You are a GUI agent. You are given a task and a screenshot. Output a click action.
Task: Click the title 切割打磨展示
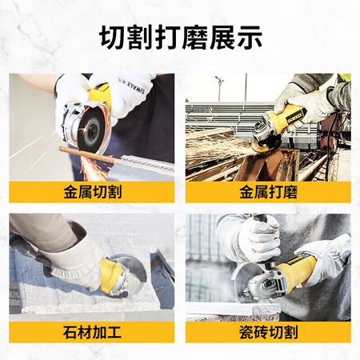tap(181, 38)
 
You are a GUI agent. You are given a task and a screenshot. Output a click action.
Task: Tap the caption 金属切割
tap(92, 192)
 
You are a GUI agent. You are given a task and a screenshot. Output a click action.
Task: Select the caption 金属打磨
tap(268, 192)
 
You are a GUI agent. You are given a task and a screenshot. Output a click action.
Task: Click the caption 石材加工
tap(92, 332)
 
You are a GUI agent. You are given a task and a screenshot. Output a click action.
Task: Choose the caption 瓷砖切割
tap(268, 332)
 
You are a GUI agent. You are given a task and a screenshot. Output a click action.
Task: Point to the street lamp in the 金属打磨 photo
tap(219, 87)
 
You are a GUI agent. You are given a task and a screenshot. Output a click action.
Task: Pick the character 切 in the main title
tap(113, 38)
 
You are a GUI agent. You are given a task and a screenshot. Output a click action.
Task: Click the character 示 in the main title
tap(249, 38)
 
